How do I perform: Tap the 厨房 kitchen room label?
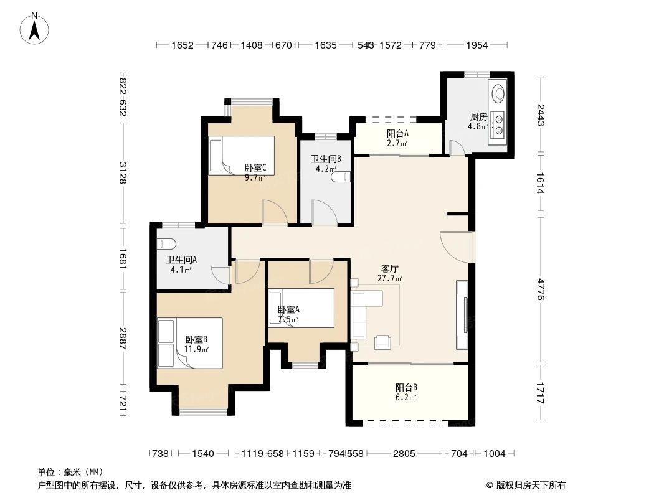click(x=478, y=116)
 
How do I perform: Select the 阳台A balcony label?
click(x=397, y=133)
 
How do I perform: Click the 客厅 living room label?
click(x=391, y=269)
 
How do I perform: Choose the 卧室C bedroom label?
click(x=255, y=167)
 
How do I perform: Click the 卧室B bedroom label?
click(x=196, y=339)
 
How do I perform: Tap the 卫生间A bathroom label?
click(x=181, y=260)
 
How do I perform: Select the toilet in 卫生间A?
click(x=166, y=243)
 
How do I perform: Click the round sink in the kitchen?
click(x=499, y=93)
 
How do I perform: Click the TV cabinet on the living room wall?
click(x=463, y=314)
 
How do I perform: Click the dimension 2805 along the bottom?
click(x=404, y=454)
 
